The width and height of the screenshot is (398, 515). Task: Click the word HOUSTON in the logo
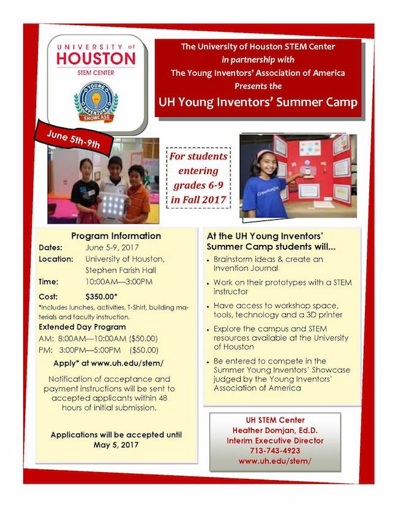pyautogui.click(x=96, y=59)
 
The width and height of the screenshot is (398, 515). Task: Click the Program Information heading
pyautogui.click(x=116, y=236)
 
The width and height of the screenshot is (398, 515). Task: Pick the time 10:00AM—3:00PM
pyautogui.click(x=119, y=281)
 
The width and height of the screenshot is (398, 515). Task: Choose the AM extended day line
pyautogui.click(x=99, y=339)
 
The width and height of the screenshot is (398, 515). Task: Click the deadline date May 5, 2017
pyautogui.click(x=116, y=445)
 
